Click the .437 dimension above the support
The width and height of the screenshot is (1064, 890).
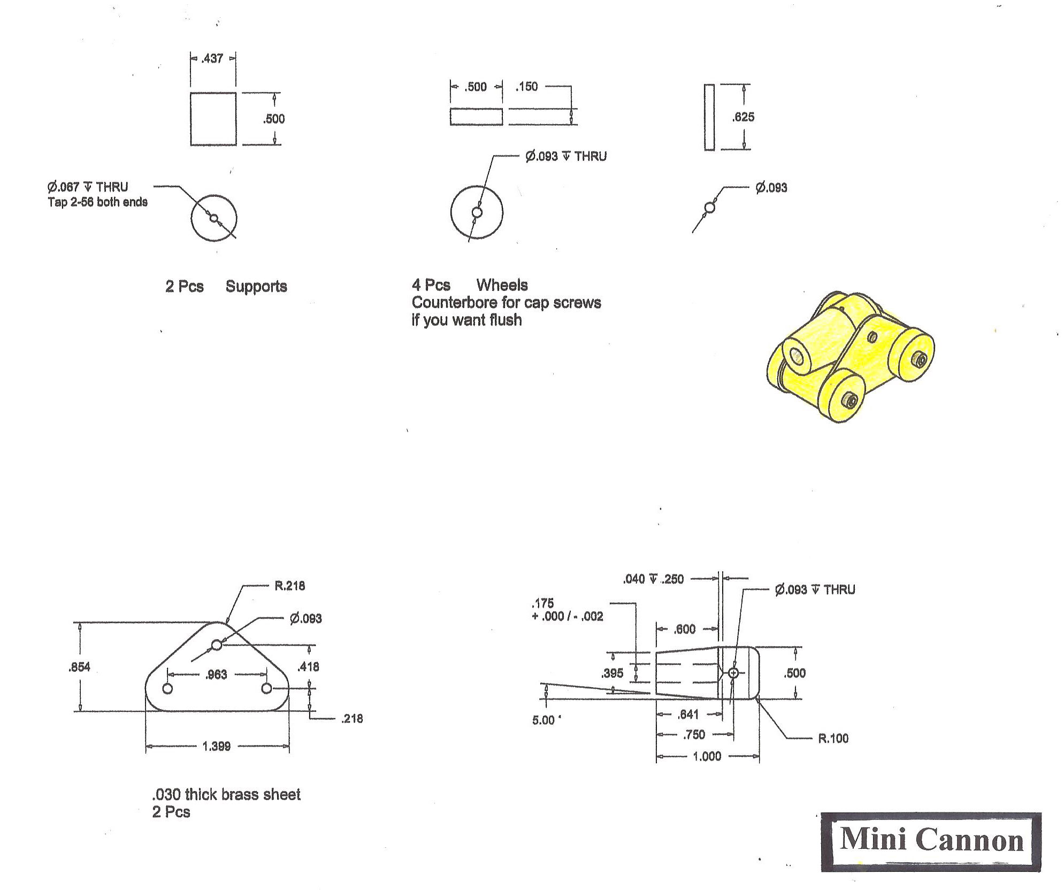click(x=212, y=58)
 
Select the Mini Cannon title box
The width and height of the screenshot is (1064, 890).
click(x=931, y=842)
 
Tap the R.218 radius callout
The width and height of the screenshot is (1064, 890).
click(x=289, y=586)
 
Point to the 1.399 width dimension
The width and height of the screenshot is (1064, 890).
click(x=217, y=746)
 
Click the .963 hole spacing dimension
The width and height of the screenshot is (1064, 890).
click(x=217, y=674)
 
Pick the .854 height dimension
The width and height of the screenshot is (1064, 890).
click(x=79, y=667)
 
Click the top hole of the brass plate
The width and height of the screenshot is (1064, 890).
click(x=217, y=645)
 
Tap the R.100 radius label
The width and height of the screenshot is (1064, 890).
click(x=833, y=739)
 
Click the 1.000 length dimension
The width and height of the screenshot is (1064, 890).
click(x=707, y=756)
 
